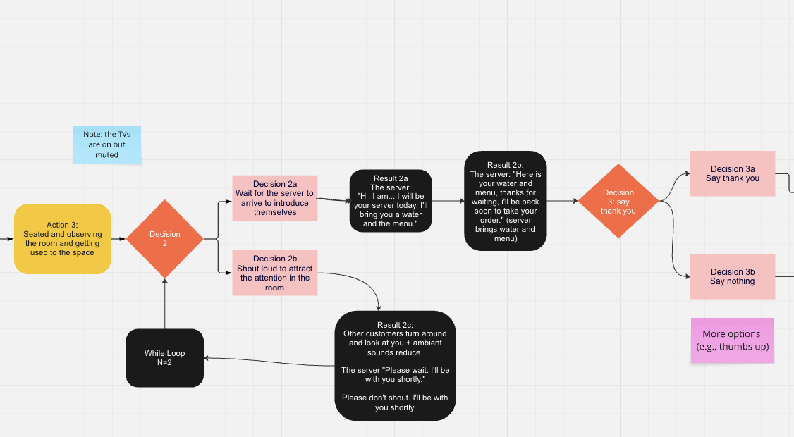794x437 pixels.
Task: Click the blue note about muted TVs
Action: click(x=106, y=144)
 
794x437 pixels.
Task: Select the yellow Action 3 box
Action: click(x=62, y=239)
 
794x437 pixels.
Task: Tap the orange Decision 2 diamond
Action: click(x=164, y=239)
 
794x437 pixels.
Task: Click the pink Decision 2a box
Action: click(x=275, y=197)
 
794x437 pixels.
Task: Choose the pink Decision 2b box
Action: click(x=275, y=273)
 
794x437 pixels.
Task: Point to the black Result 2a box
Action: click(x=390, y=200)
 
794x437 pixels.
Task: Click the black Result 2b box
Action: click(x=505, y=200)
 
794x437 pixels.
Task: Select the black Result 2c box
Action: click(x=395, y=365)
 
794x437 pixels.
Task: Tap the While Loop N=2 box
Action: click(x=164, y=358)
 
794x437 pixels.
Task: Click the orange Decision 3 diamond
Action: click(x=618, y=201)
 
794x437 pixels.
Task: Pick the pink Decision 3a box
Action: click(x=732, y=173)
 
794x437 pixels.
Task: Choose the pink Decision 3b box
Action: click(x=732, y=276)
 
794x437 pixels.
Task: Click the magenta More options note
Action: click(x=732, y=340)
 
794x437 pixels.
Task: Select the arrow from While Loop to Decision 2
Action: click(x=164, y=303)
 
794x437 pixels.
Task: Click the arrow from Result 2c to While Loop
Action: click(x=268, y=362)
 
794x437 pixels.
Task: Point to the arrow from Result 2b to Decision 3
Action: click(x=562, y=201)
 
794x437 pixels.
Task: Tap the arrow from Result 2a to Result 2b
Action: click(x=447, y=201)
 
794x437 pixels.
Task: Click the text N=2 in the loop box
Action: click(x=164, y=364)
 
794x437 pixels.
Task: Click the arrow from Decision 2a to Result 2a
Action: click(x=333, y=200)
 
